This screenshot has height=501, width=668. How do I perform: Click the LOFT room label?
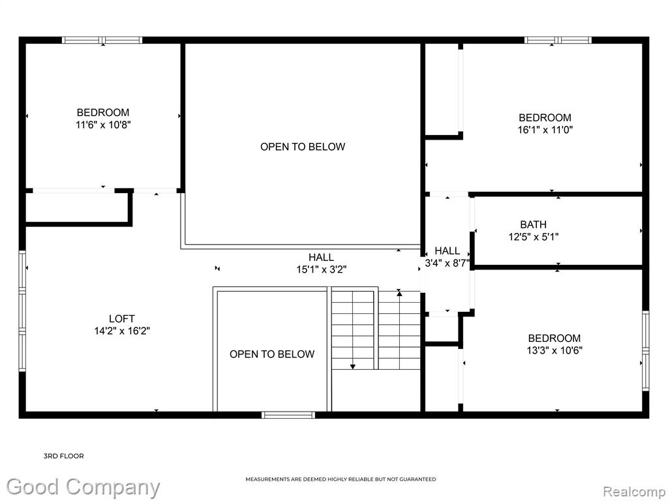click(122, 318)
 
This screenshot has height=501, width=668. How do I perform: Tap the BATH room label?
click(534, 224)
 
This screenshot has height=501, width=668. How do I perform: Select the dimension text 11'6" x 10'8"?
click(103, 125)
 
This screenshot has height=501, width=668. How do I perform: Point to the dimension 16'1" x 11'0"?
click(545, 130)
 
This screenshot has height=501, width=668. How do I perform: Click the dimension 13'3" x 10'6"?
click(554, 350)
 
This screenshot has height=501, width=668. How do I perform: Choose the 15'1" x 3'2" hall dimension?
click(322, 269)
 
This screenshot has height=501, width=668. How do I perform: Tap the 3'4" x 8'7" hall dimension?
click(448, 264)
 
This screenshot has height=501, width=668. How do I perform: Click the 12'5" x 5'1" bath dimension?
click(534, 237)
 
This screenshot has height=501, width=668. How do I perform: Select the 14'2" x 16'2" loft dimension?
click(122, 331)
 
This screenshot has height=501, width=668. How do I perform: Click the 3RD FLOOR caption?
click(64, 456)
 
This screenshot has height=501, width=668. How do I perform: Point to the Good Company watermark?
click(83, 487)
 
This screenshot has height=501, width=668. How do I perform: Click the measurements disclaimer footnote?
click(341, 479)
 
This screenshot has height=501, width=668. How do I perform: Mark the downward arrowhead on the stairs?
click(353, 367)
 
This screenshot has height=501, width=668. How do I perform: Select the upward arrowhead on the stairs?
click(399, 293)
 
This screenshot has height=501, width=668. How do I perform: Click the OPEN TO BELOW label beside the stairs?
click(272, 354)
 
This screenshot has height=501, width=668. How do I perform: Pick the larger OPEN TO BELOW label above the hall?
click(303, 147)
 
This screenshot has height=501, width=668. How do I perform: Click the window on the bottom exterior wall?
click(288, 415)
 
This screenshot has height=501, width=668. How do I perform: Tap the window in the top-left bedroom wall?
click(102, 40)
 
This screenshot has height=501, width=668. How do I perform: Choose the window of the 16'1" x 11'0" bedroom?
click(558, 40)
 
